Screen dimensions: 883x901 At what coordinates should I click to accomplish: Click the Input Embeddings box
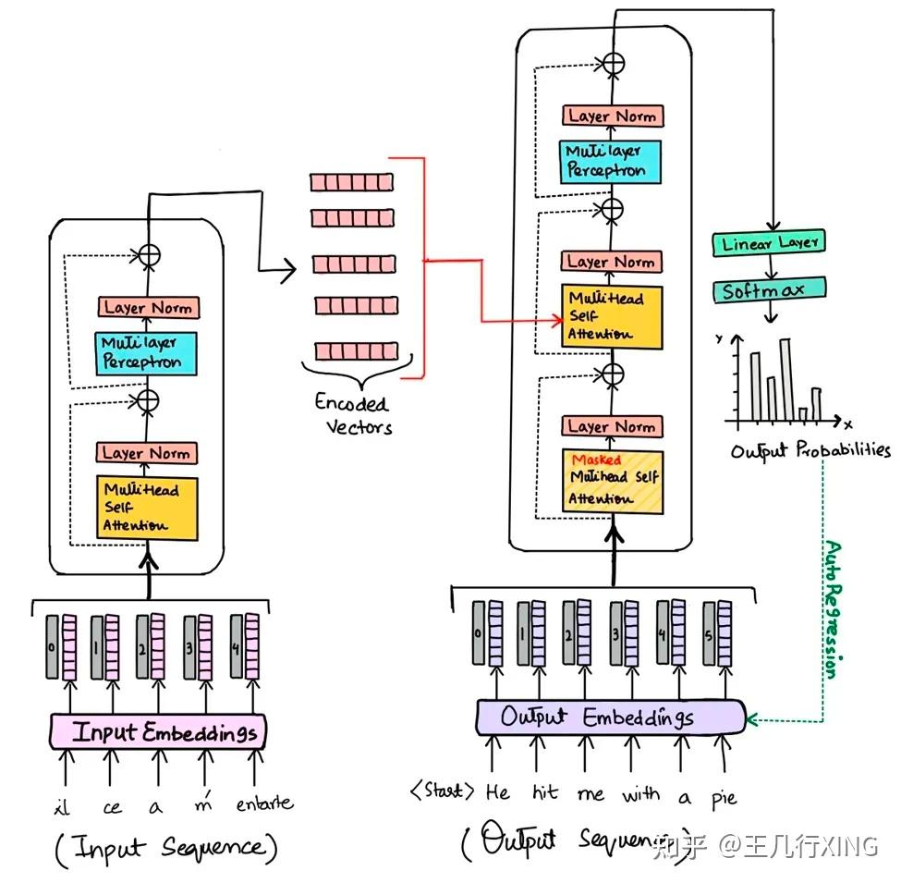pyautogui.click(x=158, y=732)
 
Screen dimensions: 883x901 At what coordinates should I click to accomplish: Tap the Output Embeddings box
pyautogui.click(x=610, y=717)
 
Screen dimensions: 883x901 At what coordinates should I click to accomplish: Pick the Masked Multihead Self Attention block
pyautogui.click(x=614, y=480)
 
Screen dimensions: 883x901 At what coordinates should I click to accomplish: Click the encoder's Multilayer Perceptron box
pyautogui.click(x=148, y=352)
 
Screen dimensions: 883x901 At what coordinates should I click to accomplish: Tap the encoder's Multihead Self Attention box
pyautogui.click(x=148, y=507)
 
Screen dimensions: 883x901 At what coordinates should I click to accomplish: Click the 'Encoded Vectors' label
pyautogui.click(x=352, y=414)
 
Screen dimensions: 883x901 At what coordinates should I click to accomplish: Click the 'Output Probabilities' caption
pyautogui.click(x=810, y=451)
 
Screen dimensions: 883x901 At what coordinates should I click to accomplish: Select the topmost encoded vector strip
pyautogui.click(x=350, y=181)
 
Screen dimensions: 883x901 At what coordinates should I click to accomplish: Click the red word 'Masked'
pyautogui.click(x=596, y=460)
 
